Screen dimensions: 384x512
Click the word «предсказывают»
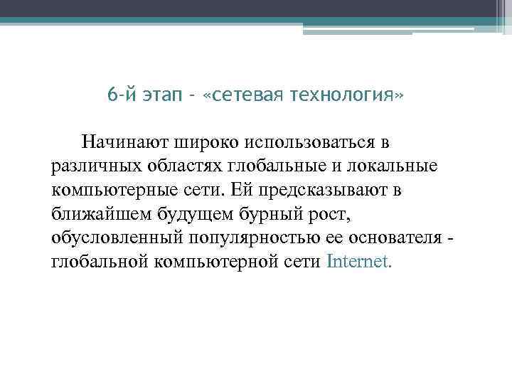tap(323, 190)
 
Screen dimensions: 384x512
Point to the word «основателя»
tap(389, 238)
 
